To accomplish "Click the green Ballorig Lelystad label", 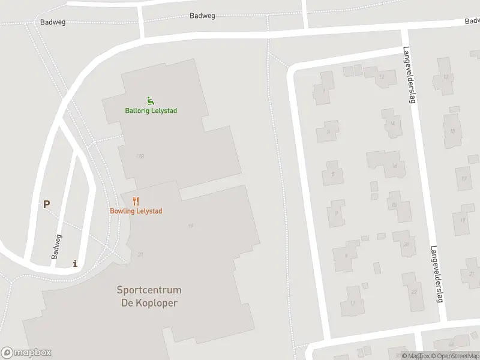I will pos(151,110).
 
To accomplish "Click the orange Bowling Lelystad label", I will pos(136,211).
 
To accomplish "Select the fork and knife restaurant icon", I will pos(136,201).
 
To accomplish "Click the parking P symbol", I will pos(46,204).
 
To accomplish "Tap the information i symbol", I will pos(74,263).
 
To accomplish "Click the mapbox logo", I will pos(26,353).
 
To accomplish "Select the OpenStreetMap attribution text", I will pos(454,356).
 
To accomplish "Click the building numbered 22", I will pos(414,292).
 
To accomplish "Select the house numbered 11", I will pos(353,304).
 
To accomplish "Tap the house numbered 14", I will pos(392,124).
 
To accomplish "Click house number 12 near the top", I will pos(445,77).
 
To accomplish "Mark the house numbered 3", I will pos(328,131).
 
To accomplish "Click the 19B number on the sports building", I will pos(140,156).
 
